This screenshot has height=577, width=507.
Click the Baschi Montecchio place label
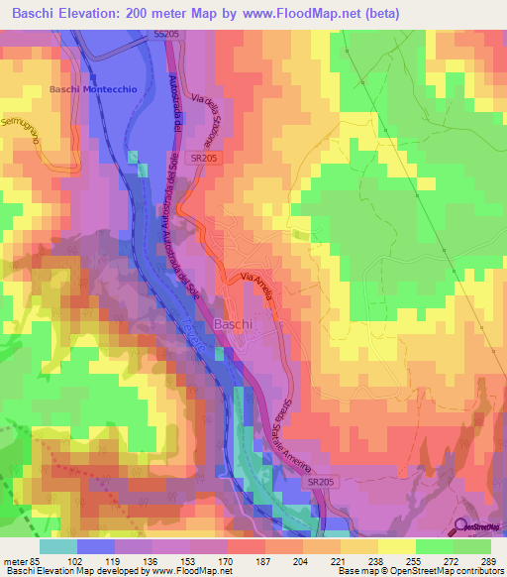coord(92,89)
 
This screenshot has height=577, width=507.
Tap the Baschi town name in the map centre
coord(233,324)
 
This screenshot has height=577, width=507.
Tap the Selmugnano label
coord(25,128)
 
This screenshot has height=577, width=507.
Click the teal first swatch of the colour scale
coord(58,545)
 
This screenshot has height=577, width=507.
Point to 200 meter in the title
coord(199,14)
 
